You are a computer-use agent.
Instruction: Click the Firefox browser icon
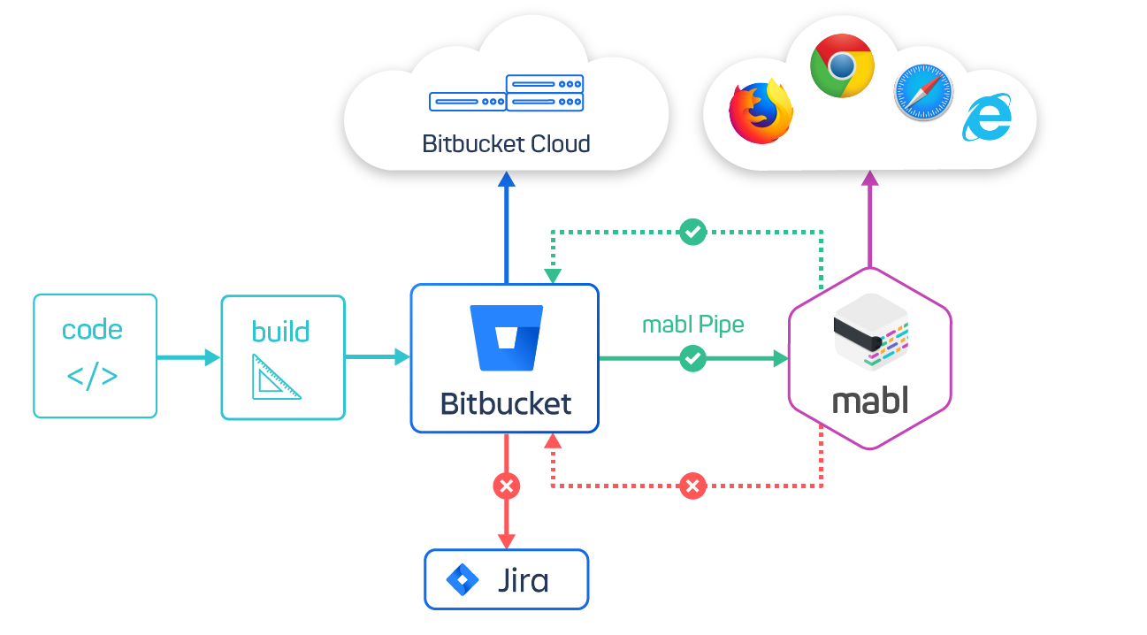[x=760, y=112]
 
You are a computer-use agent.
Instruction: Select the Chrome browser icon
[x=842, y=65]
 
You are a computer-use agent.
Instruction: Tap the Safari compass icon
[x=923, y=92]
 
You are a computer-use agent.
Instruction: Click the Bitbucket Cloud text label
[x=506, y=143]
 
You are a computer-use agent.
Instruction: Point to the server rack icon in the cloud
[x=507, y=93]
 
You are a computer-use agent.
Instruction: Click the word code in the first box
[x=92, y=330]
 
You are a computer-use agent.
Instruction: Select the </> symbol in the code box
[x=92, y=376]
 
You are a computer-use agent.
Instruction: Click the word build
[x=280, y=332]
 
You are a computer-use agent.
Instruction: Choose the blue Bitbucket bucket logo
[x=507, y=338]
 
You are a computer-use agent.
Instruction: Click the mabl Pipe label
[x=692, y=325]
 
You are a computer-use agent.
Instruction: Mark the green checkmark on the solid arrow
[x=692, y=358]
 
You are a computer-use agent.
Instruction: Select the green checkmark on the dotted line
[x=692, y=232]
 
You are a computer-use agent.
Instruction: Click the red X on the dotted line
[x=692, y=486]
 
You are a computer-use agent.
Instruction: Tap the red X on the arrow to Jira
[x=506, y=486]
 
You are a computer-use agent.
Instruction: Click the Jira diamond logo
[x=462, y=580]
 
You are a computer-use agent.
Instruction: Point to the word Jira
[x=523, y=581]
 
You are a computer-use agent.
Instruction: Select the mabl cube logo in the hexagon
[x=870, y=331]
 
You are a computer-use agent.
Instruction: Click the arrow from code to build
[x=188, y=357]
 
